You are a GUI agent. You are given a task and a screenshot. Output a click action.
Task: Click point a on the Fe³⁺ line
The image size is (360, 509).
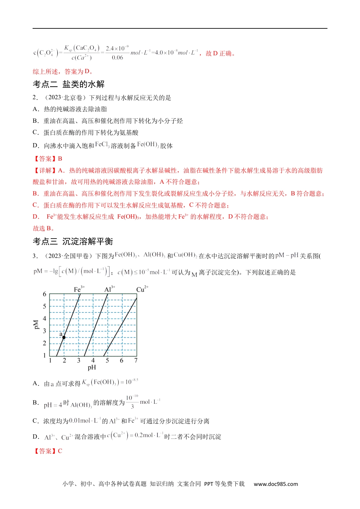click(x=64, y=337)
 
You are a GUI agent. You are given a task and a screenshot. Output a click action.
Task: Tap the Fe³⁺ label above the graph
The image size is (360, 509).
click(x=79, y=289)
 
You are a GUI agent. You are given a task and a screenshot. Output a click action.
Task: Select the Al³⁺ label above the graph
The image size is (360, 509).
click(x=110, y=289)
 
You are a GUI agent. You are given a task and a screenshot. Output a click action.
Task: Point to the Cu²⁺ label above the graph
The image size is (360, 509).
click(x=142, y=289)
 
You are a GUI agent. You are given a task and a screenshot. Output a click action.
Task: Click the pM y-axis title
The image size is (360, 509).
click(x=36, y=325)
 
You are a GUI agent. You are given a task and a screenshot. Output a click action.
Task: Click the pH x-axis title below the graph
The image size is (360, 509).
click(x=92, y=367)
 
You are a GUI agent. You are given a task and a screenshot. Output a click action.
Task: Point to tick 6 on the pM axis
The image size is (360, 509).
click(x=44, y=294)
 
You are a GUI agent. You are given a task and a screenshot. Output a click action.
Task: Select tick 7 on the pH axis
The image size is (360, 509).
click(x=136, y=361)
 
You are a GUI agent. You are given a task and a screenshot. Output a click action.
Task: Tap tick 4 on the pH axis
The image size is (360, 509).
click(x=93, y=361)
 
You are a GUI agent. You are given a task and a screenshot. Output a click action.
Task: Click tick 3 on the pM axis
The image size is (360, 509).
click(x=44, y=331)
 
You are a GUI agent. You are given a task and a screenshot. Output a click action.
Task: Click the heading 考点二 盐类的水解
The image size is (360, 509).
click(x=69, y=84)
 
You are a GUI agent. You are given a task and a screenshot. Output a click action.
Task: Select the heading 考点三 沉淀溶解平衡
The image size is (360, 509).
click(x=73, y=241)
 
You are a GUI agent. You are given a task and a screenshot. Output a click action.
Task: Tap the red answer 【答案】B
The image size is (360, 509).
click(x=48, y=159)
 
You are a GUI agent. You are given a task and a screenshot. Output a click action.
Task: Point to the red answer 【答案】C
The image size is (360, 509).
click(x=48, y=451)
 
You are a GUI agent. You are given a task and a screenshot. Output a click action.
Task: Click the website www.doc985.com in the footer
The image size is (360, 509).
click(x=275, y=484)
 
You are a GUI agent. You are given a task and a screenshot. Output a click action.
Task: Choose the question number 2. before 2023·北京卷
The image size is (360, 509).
click(x=35, y=98)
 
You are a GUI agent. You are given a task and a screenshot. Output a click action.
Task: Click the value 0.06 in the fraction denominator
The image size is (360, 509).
click(x=117, y=58)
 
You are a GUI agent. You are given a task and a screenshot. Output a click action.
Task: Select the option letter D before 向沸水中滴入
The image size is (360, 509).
click(x=36, y=145)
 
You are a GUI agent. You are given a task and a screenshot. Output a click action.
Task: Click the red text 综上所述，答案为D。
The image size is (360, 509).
click(x=63, y=72)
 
